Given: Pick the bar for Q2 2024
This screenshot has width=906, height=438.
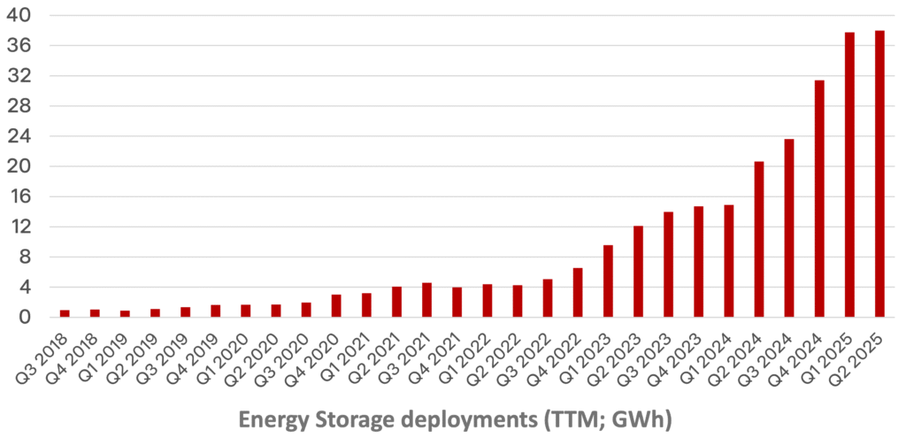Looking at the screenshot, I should coord(759,240).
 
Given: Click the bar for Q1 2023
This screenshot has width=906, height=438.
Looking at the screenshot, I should coord(608,281).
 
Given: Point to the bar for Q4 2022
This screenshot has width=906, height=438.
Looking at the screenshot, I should coord(578,293).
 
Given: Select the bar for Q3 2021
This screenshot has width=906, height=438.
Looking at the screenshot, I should coord(426,300).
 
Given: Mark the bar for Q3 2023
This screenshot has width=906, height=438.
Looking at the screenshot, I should coord(668,265).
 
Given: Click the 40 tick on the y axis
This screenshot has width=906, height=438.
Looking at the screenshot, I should coord(21,15).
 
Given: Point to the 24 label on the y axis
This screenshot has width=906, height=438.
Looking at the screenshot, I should coord(21,136).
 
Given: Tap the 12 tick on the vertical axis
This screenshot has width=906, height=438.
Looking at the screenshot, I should coord(21,227).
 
